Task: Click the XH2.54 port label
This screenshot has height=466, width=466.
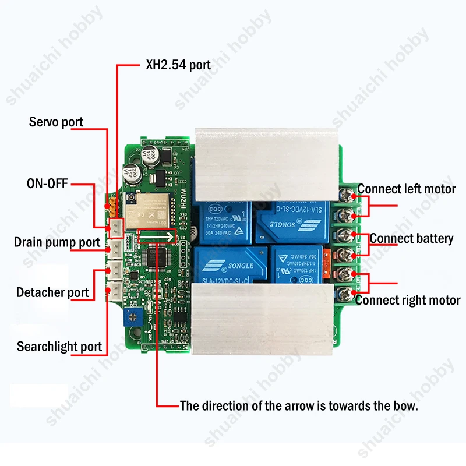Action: (178, 64)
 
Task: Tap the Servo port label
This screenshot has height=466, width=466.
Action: (56, 122)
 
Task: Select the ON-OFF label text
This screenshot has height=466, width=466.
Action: (47, 184)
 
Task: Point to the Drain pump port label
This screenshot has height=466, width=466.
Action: (57, 242)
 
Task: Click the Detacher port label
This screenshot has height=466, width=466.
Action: (52, 292)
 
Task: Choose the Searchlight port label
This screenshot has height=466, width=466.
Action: (59, 347)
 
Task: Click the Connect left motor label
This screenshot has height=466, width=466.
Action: (407, 189)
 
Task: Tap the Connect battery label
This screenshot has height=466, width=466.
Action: (411, 238)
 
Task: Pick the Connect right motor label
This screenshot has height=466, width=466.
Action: (408, 301)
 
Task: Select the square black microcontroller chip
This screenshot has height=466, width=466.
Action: (158, 258)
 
